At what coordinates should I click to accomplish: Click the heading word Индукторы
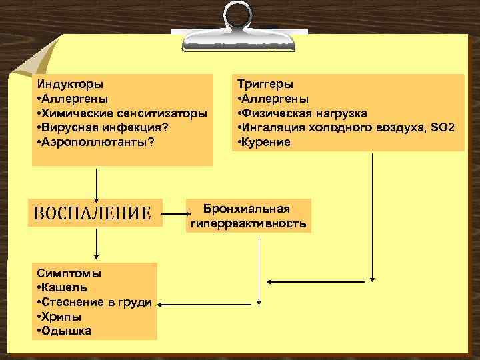click(70, 85)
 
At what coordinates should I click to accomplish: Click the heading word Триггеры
click(265, 85)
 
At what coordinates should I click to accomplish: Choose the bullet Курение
click(267, 142)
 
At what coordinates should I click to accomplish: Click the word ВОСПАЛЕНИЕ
click(93, 213)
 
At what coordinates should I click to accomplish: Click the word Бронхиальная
click(247, 208)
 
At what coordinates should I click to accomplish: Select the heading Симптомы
click(69, 273)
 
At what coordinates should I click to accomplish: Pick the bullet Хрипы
click(59, 317)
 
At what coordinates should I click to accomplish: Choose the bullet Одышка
click(65, 331)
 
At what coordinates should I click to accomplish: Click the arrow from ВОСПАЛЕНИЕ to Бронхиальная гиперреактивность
click(177, 215)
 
